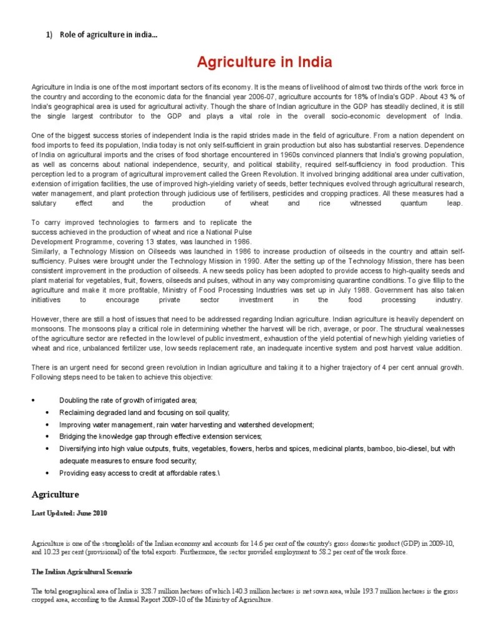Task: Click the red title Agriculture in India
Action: [264, 62]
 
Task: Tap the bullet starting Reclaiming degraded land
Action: [144, 412]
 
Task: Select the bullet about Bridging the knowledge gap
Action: [160, 436]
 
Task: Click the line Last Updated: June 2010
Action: [70, 513]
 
